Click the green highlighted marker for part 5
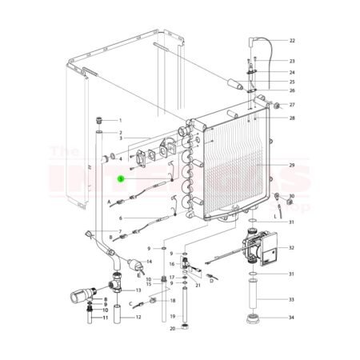tap(121, 180)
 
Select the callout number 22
tap(292, 40)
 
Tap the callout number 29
tap(292, 165)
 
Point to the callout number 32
tap(292, 249)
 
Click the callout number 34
tap(292, 318)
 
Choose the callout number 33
tap(292, 299)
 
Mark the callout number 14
tap(149, 262)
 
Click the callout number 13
tap(138, 290)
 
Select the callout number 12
tap(138, 318)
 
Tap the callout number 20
tap(172, 329)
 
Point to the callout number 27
tap(292, 105)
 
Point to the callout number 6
tap(121, 218)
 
